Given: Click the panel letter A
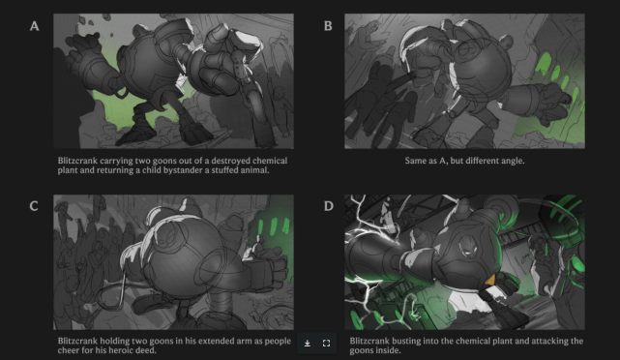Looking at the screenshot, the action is (x=35, y=26).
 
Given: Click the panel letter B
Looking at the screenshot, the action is (x=328, y=26).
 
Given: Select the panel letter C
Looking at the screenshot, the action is (x=34, y=206).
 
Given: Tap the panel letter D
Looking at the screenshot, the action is (x=329, y=206).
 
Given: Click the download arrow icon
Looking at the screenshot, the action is (x=308, y=344).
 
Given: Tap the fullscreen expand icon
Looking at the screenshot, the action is (x=326, y=344).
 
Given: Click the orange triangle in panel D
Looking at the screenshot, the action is (x=490, y=280).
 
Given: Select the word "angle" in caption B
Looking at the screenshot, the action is (x=513, y=161).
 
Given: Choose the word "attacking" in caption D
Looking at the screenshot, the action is (x=551, y=341).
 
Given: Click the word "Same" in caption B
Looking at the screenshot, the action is (x=414, y=161).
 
